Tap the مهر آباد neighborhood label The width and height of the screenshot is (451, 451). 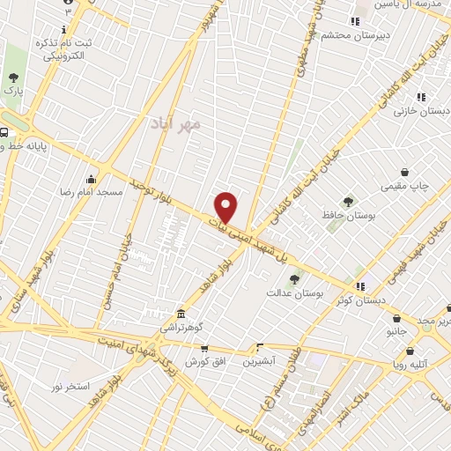coord(175,122)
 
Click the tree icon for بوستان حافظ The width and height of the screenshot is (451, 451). coord(348,202)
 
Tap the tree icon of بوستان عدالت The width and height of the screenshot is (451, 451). coord(294,279)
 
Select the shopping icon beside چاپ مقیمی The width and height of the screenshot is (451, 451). coord(404,173)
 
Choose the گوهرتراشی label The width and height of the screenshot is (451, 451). coord(181,327)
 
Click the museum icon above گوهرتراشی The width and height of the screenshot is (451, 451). coord(181,314)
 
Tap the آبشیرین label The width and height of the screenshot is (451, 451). coord(260,361)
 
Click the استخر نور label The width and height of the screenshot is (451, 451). coord(70,387)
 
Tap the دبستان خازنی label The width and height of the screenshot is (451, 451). coord(421,110)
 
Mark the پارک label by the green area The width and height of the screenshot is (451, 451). coord(12,89)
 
